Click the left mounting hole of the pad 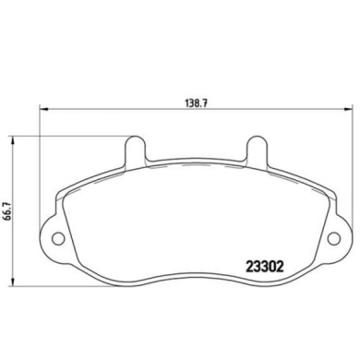click(58, 238)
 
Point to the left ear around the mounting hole click(55, 237)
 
